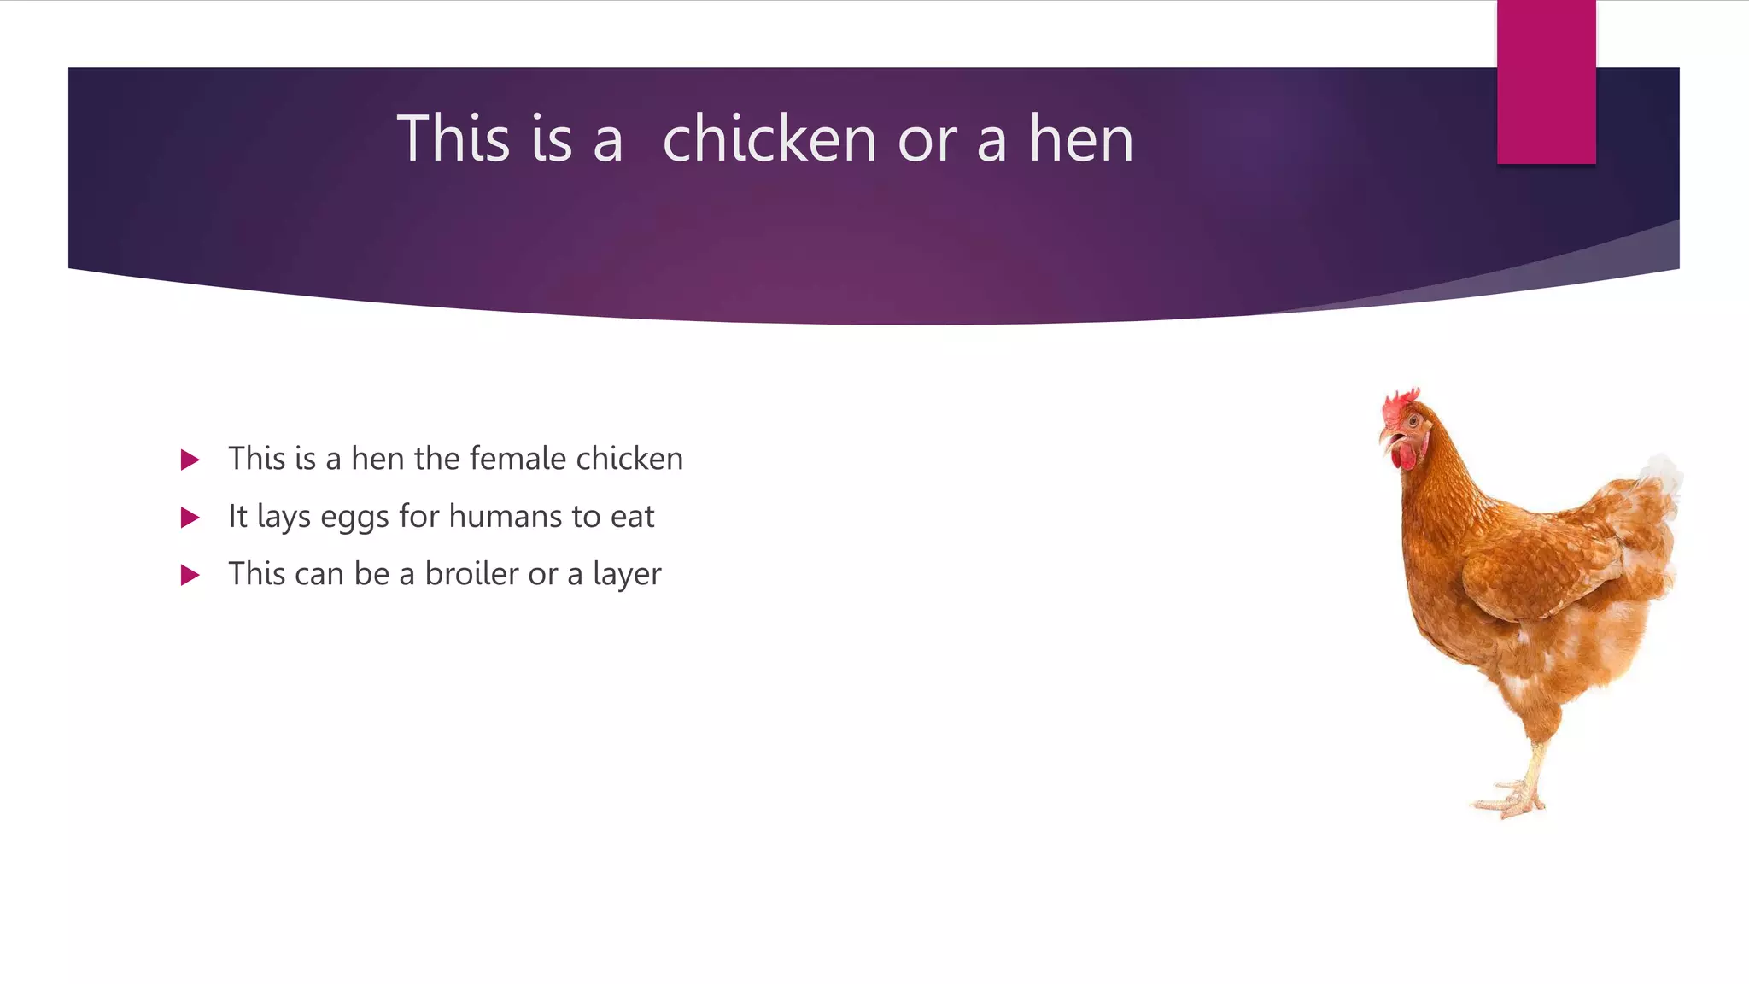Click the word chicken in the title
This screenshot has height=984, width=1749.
769,138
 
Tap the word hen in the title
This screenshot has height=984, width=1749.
1080,138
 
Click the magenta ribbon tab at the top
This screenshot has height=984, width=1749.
1546,82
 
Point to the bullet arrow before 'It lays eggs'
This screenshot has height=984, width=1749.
190,518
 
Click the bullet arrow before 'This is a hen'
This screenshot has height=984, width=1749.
190,460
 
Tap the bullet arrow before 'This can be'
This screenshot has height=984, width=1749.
190,575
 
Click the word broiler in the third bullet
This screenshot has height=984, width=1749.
471,574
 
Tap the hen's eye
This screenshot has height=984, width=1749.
1414,422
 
